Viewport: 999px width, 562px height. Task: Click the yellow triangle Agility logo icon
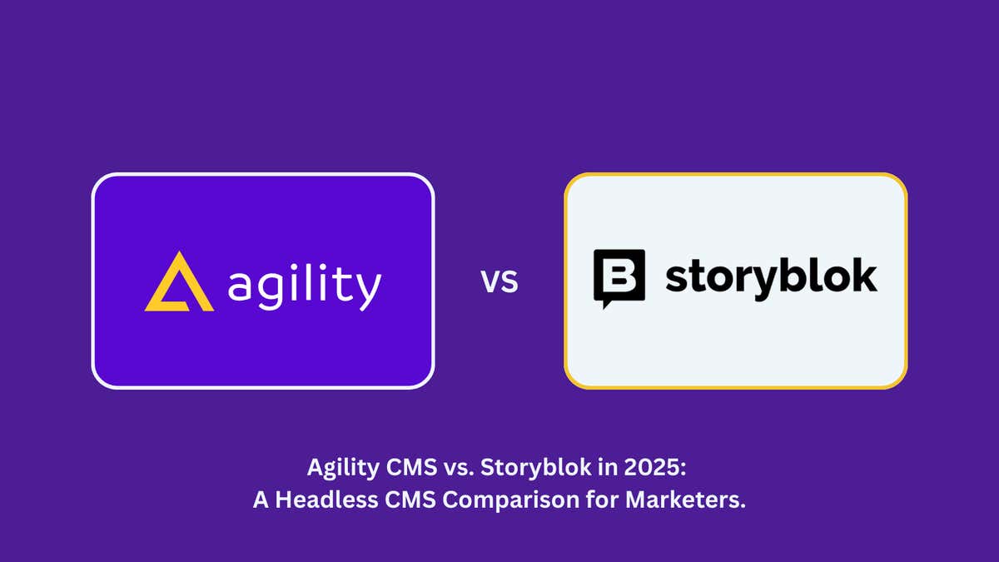(x=178, y=284)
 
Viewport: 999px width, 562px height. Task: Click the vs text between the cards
(x=499, y=281)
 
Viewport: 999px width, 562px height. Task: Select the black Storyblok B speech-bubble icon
(x=619, y=278)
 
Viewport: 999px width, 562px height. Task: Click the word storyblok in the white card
(x=770, y=276)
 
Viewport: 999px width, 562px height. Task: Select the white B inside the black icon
(x=619, y=275)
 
